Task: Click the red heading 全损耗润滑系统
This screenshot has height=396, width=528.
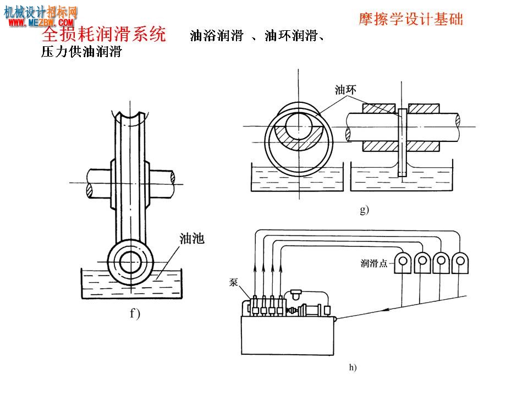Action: (104, 34)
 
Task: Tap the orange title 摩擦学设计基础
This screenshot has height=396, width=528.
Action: (411, 19)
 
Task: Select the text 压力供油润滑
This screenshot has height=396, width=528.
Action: (81, 52)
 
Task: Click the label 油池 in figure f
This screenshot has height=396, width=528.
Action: (192, 238)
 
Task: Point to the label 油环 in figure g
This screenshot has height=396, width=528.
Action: (345, 90)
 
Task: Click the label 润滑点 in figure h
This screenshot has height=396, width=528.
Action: (374, 263)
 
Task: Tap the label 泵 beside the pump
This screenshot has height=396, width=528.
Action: (233, 282)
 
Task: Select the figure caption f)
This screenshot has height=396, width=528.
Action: (135, 314)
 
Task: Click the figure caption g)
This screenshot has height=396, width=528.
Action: (365, 210)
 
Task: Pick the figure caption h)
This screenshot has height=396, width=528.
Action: (353, 367)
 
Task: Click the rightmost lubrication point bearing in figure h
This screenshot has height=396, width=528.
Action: (460, 263)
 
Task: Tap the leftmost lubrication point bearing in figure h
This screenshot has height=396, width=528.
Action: (403, 263)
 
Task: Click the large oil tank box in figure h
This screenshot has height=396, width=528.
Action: (288, 335)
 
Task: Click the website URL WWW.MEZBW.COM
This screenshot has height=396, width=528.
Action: (41, 23)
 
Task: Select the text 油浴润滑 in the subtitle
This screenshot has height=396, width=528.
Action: (217, 35)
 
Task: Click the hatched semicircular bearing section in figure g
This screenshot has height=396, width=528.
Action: (299, 139)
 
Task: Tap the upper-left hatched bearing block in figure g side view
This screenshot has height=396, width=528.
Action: (379, 108)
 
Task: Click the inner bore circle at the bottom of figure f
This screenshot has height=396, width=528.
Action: (130, 262)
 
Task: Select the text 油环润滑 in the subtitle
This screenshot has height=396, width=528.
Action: (291, 35)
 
